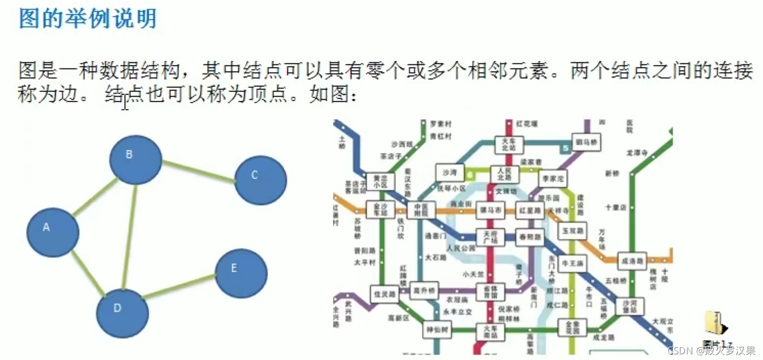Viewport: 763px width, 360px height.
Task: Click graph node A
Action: [53, 232]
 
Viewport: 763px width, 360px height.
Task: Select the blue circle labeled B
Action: [136, 160]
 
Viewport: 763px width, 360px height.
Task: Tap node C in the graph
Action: [260, 180]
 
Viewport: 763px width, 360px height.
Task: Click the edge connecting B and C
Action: [198, 171]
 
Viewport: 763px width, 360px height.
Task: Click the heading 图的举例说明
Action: [87, 19]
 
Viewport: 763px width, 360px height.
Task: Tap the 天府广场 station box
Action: [490, 236]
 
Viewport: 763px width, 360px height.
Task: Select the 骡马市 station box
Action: [490, 210]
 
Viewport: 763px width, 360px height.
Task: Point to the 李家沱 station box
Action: [553, 178]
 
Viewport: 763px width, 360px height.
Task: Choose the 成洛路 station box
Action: [632, 260]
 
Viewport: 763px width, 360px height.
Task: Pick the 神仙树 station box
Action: [437, 330]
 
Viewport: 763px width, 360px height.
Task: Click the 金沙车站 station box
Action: [380, 209]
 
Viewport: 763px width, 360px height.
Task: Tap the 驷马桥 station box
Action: [586, 142]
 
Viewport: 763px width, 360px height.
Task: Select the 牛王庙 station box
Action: [572, 263]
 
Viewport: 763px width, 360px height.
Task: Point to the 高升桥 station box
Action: [424, 290]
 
